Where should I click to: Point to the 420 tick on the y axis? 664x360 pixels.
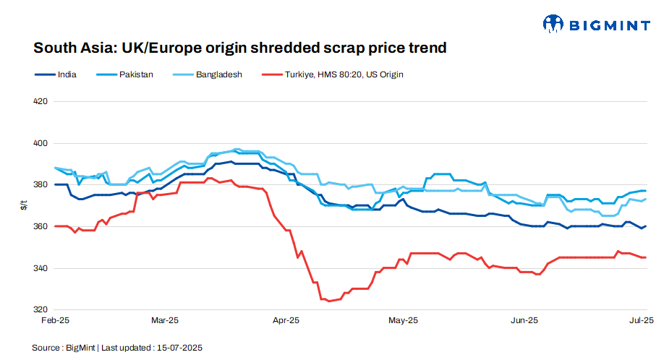click(x=41, y=101)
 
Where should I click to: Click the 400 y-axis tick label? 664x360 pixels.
click(x=41, y=143)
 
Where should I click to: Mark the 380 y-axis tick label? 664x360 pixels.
click(x=41, y=185)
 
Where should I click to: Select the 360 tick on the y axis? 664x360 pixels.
click(x=41, y=226)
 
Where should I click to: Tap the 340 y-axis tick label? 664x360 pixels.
click(x=41, y=268)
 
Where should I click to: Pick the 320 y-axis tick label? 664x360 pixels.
click(x=41, y=310)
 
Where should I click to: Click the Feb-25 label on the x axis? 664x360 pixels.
click(x=55, y=320)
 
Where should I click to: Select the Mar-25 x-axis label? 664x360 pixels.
click(x=165, y=320)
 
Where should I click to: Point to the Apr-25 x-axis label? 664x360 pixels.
click(x=286, y=320)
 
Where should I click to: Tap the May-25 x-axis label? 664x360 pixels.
click(x=404, y=320)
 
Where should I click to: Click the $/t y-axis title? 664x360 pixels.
click(x=24, y=206)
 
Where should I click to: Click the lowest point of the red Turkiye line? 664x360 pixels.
click(x=329, y=301)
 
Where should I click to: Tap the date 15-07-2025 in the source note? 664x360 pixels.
click(x=180, y=348)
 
